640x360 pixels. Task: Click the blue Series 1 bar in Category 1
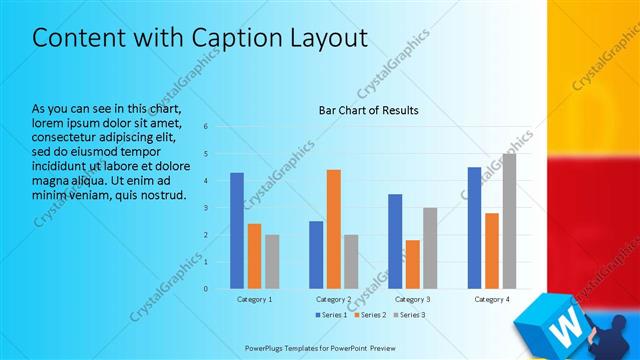click(x=237, y=231)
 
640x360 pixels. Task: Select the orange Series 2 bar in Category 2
click(x=333, y=229)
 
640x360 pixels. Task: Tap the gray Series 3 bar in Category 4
click(x=509, y=221)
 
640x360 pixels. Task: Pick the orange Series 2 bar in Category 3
click(x=412, y=264)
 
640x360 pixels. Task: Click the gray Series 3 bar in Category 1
click(x=272, y=262)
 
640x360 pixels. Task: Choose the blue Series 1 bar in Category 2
click(x=316, y=255)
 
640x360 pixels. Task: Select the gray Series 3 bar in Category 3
click(x=430, y=248)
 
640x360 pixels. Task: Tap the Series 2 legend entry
click(x=371, y=316)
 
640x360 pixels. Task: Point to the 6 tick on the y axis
click(x=205, y=127)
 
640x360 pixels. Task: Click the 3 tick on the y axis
click(x=205, y=208)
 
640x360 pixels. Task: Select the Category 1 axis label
click(x=254, y=299)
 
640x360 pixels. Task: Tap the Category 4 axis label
click(x=492, y=299)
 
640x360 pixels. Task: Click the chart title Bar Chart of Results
click(x=368, y=110)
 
